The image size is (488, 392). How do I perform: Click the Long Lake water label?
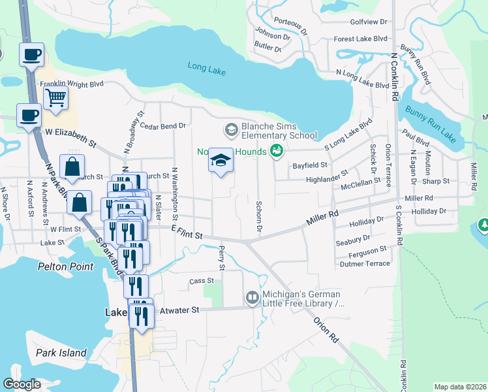pos(206,66)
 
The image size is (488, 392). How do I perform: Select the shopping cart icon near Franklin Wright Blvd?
pos(55,98)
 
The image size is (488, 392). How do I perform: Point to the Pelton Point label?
pos(65,267)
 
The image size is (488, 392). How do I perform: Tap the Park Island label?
pos(61,353)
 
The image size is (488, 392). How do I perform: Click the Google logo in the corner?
pos(22,384)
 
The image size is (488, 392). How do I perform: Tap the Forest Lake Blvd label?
pos(360,39)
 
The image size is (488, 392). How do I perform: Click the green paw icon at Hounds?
pos(277,151)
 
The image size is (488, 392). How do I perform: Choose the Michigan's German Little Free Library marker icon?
pos(252,299)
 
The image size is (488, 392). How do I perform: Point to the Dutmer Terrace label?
pos(365,264)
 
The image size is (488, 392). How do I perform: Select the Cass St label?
pos(197,281)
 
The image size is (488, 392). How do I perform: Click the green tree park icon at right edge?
pos(483,226)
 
